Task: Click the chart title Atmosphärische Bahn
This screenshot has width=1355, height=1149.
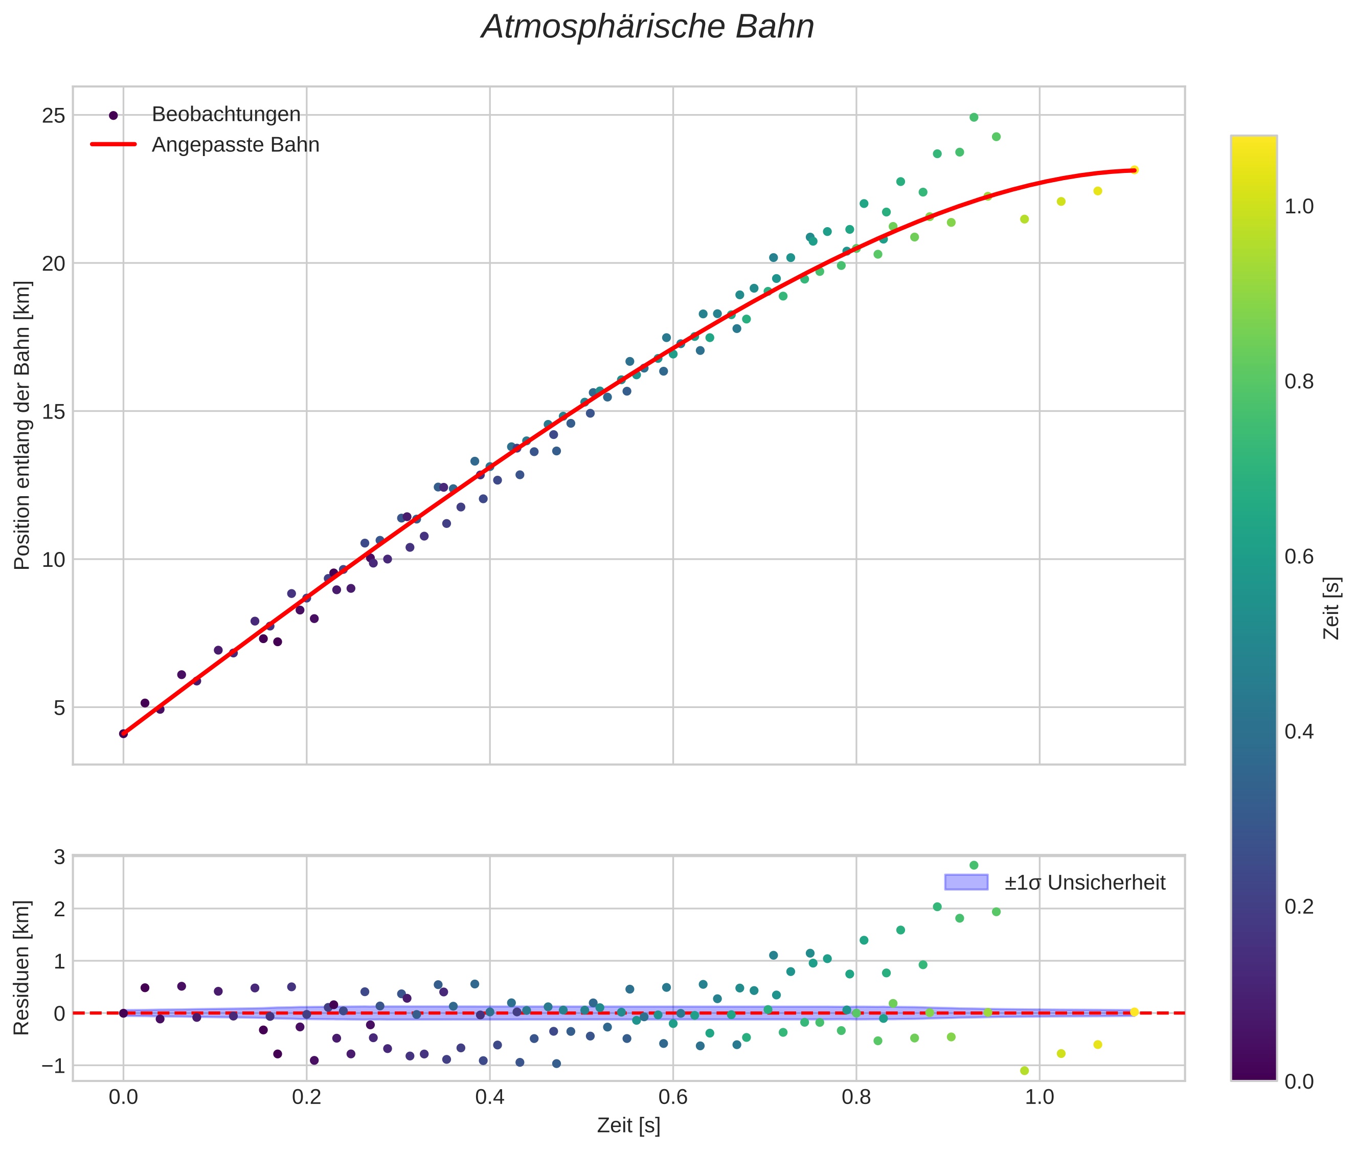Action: (647, 27)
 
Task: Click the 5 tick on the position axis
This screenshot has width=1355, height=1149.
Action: (59, 708)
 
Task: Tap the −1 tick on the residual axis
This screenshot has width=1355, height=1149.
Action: (53, 1066)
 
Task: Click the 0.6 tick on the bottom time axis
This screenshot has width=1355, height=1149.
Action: (672, 1097)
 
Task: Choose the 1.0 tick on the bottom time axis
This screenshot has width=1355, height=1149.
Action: (1039, 1097)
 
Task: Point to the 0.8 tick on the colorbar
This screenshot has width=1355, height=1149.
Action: (1299, 382)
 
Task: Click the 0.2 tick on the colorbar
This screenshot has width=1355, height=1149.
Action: (1299, 907)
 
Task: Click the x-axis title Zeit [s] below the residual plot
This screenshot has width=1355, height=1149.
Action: (628, 1125)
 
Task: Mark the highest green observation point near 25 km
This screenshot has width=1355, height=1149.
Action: (974, 117)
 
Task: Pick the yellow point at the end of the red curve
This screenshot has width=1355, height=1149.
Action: (1134, 170)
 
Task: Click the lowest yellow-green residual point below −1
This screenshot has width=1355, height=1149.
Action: (1024, 1071)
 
